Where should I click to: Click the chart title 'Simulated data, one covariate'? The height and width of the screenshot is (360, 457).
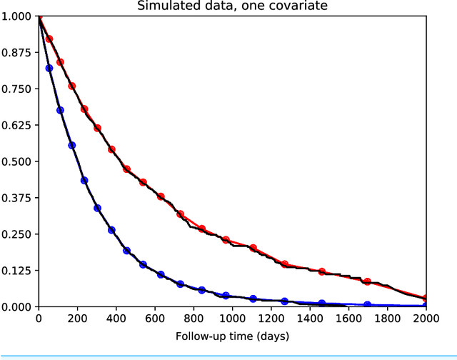231,6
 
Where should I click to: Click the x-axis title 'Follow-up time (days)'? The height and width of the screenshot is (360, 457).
231,335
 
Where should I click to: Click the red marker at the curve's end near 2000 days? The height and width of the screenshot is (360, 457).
426,299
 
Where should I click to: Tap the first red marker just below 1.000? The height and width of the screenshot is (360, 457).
49,39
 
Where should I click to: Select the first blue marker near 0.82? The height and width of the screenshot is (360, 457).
49,68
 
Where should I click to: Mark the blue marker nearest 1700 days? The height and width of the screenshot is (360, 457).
367,305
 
